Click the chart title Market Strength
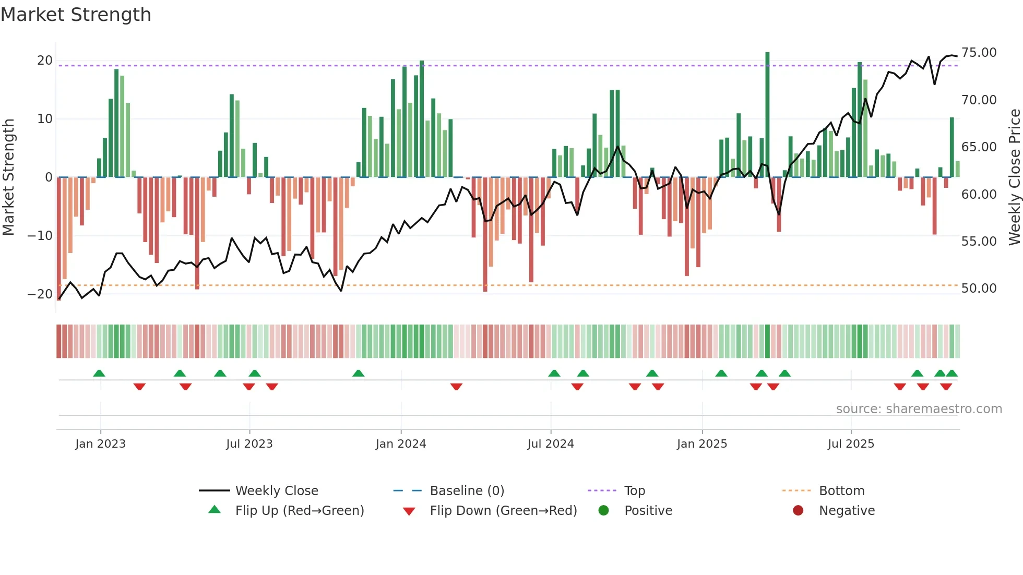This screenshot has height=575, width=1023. [x=76, y=15]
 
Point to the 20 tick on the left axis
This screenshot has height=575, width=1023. [x=45, y=60]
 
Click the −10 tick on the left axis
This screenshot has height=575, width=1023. [x=40, y=235]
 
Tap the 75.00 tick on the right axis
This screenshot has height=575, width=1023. [x=979, y=53]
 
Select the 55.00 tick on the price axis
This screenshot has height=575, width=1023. [x=979, y=241]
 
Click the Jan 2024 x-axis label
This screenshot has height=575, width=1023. [x=400, y=444]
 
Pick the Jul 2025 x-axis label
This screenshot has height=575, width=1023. [x=850, y=444]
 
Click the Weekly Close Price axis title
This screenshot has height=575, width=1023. [x=1014, y=177]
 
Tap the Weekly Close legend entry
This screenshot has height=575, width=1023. [x=276, y=490]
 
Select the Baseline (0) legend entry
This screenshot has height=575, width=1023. [x=467, y=490]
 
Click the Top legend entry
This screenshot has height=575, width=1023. [x=634, y=490]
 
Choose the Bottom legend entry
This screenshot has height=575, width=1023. [x=841, y=490]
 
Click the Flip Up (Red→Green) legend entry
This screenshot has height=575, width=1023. [x=299, y=510]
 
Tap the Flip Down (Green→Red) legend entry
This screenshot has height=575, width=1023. [x=503, y=510]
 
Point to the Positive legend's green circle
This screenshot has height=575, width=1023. [x=603, y=510]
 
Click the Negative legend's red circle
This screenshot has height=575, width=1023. [x=798, y=510]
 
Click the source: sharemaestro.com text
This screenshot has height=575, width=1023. [x=919, y=409]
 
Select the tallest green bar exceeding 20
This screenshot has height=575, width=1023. [x=767, y=115]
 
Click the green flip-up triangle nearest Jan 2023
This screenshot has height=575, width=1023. [x=99, y=373]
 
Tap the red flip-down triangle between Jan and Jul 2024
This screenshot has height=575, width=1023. [x=456, y=387]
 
